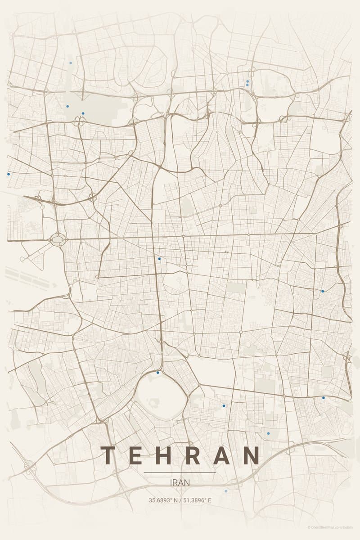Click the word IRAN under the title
point(180,482)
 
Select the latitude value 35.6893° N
point(163,500)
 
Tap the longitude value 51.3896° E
point(197,500)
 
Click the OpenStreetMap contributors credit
point(333,527)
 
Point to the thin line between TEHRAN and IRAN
point(180,472)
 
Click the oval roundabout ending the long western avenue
point(58,239)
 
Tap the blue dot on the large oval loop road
point(158,373)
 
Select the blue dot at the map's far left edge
point(9,174)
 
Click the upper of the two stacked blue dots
point(247,81)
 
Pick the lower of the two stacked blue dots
point(247,85)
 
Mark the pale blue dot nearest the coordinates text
point(226,491)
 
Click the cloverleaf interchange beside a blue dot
point(80,121)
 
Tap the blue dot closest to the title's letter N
point(268,433)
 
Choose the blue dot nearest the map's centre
point(159,259)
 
